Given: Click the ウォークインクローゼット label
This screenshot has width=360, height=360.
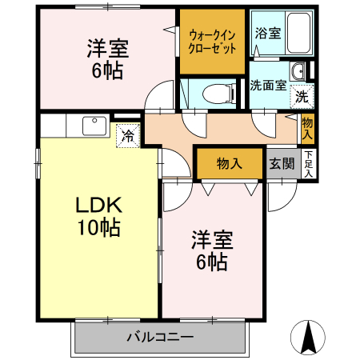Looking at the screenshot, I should pos(213,40).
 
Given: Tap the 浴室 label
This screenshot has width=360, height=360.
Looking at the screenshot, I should pos(268,34).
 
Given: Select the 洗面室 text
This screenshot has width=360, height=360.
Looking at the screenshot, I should pos(268,86).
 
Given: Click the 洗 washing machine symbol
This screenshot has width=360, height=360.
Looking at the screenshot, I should pos(302,97).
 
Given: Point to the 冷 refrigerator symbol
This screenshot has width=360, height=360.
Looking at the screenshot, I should pos(127,135).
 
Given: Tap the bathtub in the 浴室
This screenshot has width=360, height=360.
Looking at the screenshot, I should pos(298,32).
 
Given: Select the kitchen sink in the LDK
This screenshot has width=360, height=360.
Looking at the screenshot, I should pos(94,126).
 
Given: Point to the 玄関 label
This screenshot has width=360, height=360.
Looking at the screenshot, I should pos(281,164).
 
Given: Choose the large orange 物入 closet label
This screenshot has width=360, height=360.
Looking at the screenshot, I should pos(230,164).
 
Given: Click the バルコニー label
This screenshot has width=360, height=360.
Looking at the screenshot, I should pos(159,336).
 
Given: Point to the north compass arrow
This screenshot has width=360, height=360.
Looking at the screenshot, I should pos(307,336).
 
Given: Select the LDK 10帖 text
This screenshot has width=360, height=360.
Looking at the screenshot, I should pos(98,216).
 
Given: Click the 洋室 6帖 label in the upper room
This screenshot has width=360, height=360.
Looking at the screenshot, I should pos(107,58).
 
